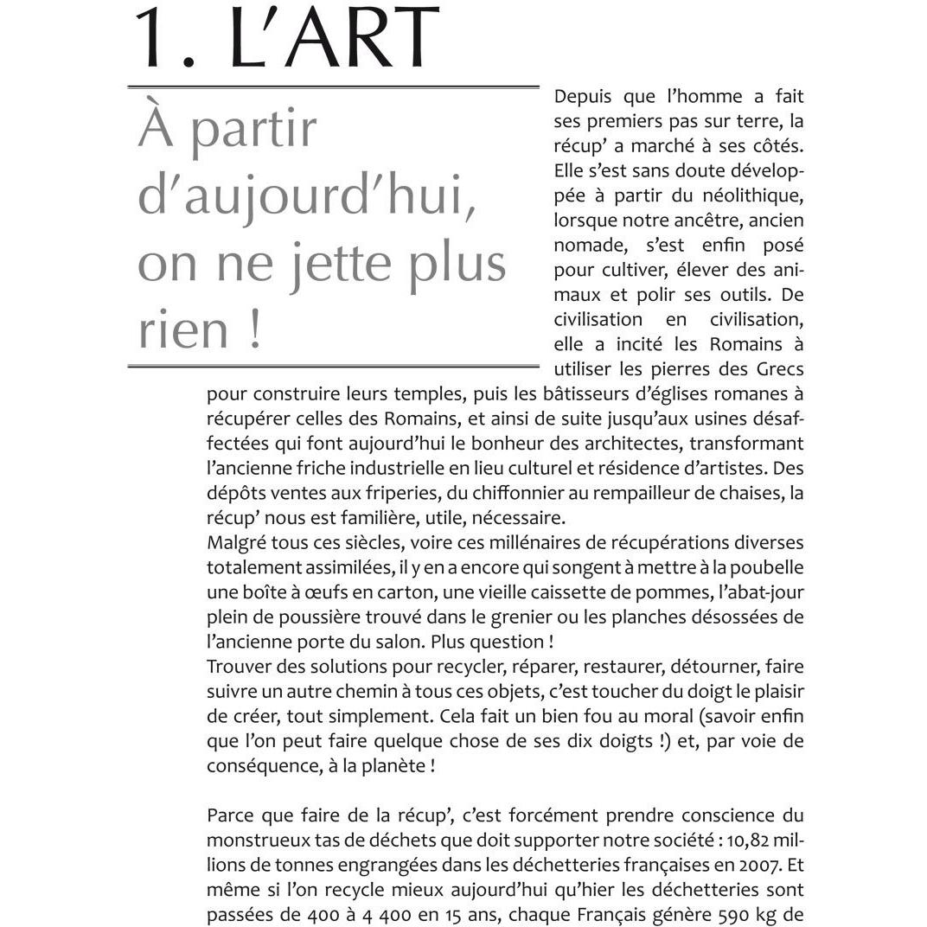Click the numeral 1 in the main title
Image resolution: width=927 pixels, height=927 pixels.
153,38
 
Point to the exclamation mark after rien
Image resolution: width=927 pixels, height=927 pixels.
254,331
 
